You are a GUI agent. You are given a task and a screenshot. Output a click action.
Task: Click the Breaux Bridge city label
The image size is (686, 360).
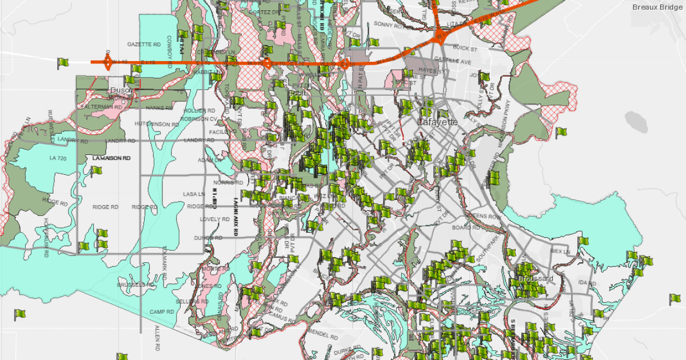(x=658, y=7)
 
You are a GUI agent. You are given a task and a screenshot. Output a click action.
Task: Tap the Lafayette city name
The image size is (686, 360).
(x=438, y=122)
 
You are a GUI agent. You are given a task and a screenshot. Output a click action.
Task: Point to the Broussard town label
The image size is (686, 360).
(x=536, y=278)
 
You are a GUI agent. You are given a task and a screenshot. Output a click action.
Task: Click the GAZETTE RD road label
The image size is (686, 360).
(x=143, y=44)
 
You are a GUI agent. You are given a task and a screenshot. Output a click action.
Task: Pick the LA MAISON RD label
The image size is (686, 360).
(x=111, y=158)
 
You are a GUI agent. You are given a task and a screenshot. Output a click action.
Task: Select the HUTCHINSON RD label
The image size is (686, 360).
(x=157, y=124)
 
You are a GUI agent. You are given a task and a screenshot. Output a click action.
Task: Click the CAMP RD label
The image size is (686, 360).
(x=162, y=311)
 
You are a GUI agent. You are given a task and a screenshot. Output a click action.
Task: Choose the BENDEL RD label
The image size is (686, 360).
(x=322, y=334)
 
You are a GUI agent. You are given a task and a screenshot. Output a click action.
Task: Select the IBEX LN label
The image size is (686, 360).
(x=560, y=251)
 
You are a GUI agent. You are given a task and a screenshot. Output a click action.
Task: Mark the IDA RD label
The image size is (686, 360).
(x=583, y=283)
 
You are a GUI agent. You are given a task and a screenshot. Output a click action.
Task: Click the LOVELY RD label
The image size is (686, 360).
(x=214, y=219)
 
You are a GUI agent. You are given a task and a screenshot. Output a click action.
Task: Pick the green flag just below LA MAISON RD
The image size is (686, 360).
(x=96, y=170)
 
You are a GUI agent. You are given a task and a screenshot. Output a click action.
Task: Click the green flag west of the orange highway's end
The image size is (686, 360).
(x=62, y=63)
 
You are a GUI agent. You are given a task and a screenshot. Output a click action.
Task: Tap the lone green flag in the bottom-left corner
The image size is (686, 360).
(x=19, y=314)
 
